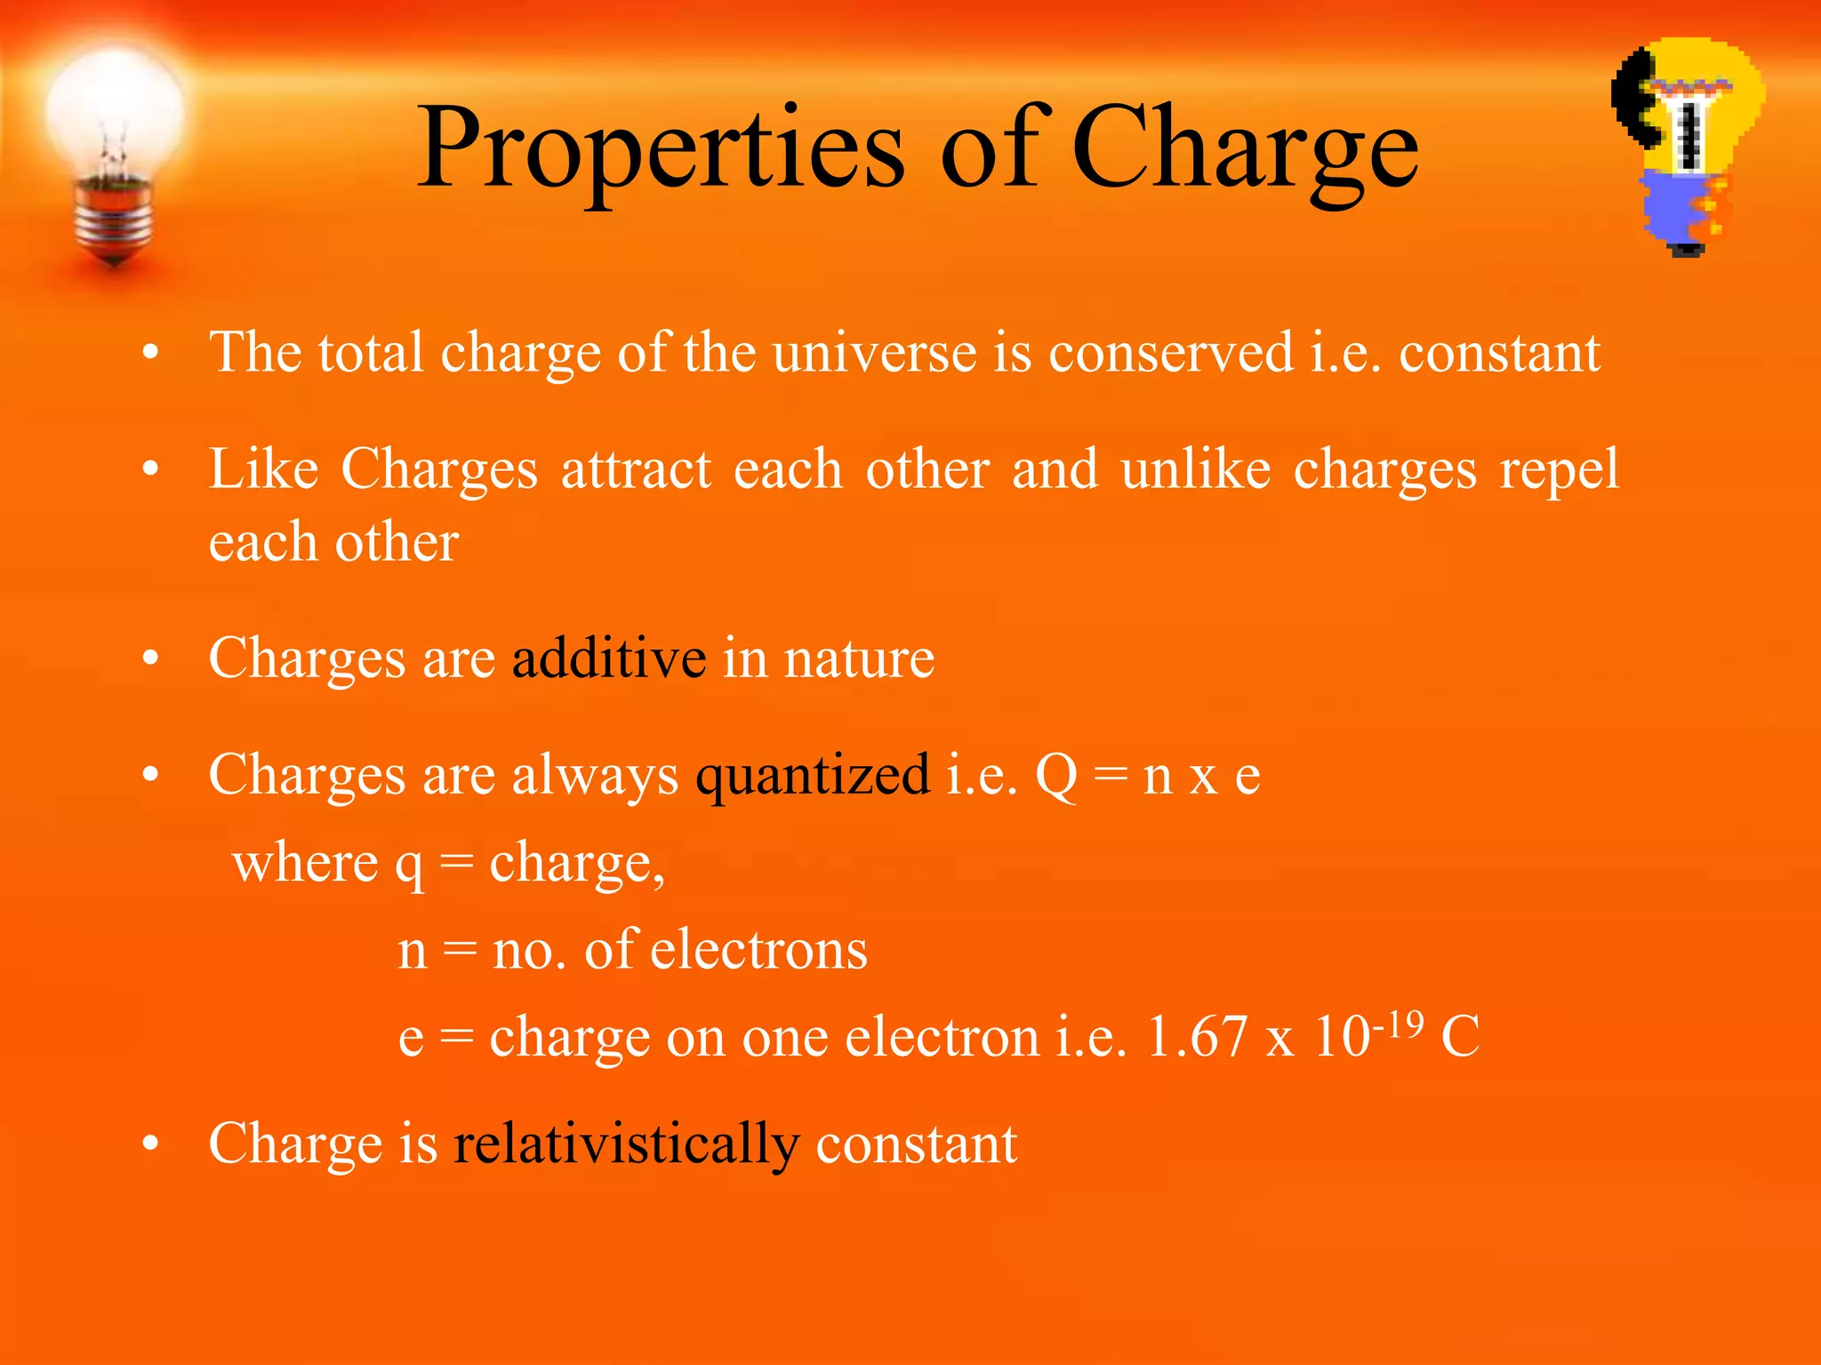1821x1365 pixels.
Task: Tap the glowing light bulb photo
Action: point(114,133)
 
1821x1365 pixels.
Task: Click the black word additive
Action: point(609,659)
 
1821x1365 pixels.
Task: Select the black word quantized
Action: point(813,776)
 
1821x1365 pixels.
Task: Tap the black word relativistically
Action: point(626,1144)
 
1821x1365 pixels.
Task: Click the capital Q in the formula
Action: point(1056,776)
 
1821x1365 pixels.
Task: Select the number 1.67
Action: point(1197,1037)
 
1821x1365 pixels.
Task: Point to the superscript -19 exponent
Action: point(1398,1025)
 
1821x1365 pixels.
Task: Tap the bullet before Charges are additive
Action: point(150,659)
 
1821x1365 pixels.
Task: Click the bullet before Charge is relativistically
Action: point(150,1145)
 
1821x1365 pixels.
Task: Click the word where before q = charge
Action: point(305,863)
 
